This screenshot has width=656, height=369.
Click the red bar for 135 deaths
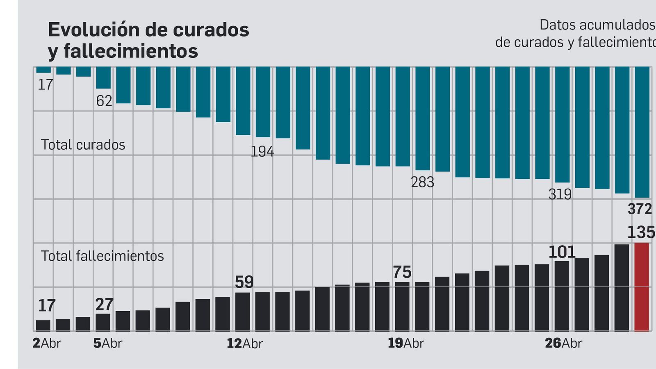coord(642,287)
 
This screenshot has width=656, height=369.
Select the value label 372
coord(640,209)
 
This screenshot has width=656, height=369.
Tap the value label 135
coord(641,232)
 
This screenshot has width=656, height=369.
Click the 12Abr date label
coord(245,344)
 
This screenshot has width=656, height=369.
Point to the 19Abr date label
coord(406,343)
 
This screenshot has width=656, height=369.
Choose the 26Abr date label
coord(563,343)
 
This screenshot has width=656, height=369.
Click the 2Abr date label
coord(47,343)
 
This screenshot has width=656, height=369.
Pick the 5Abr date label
coord(108,343)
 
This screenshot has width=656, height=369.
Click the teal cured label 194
coord(262,152)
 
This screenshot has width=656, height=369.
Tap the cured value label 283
coord(422,182)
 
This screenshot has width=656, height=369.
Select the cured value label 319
coord(560,194)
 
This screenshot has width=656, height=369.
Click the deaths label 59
coord(244,282)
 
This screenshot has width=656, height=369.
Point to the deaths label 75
coord(402,272)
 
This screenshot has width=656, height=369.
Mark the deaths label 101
coord(562,252)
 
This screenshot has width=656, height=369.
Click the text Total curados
coord(83,145)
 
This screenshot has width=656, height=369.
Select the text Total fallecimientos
coord(102,256)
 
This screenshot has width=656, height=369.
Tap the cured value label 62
coord(104,101)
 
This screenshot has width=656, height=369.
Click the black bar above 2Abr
coord(43,326)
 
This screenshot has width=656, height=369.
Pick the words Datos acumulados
coord(597,25)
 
